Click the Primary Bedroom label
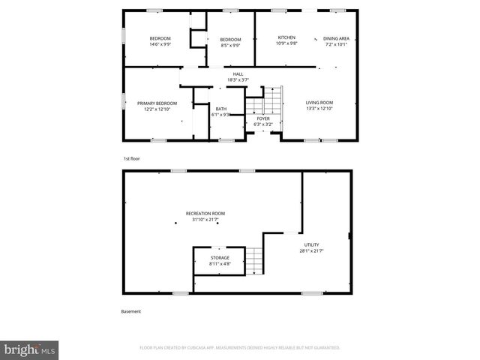[157, 103]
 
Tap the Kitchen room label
[286, 37]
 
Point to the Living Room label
[319, 103]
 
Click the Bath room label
[220, 109]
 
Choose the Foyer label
[262, 118]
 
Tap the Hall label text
[238, 73]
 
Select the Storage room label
[220, 258]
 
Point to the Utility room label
[311, 244]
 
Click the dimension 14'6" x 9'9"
[160, 44]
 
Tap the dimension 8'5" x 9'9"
[229, 45]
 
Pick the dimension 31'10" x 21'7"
[208, 220]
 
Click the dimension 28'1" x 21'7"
[311, 250]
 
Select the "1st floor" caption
[131, 159]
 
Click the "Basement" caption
[130, 311]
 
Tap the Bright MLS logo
[29, 349]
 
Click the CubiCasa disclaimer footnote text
[240, 348]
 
